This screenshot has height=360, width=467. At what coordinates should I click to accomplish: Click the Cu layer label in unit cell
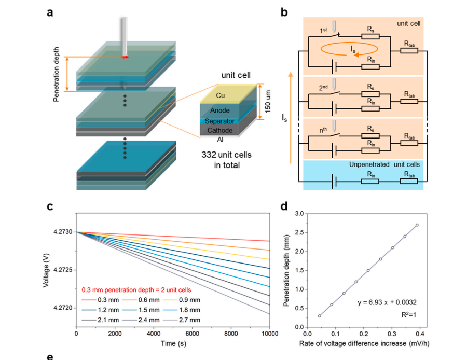(220, 95)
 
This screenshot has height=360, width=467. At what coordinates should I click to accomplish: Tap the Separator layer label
(220, 121)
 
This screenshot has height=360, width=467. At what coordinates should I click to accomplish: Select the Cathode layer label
(220, 130)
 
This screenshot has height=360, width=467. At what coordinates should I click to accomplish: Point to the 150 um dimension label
(268, 102)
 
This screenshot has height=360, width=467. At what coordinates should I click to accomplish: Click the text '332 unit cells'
(226, 155)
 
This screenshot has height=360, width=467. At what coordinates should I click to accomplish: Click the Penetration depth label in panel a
(56, 75)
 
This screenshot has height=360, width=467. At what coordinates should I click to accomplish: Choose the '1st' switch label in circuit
(323, 30)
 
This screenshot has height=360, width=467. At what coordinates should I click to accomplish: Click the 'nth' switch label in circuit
(323, 130)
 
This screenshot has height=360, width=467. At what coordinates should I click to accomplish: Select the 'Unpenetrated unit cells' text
(384, 164)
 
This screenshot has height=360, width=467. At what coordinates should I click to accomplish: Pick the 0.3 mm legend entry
(100, 300)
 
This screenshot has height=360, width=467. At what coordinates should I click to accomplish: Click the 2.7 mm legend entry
(182, 320)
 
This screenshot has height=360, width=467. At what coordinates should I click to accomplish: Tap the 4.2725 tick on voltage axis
(63, 270)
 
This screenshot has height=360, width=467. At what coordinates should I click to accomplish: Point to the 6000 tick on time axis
(192, 334)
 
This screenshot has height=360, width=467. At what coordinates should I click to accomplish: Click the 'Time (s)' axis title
(173, 343)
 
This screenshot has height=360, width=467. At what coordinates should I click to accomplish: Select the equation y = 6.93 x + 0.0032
(387, 302)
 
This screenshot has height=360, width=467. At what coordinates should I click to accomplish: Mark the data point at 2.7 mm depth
(417, 225)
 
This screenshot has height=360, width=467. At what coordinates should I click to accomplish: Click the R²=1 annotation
(409, 314)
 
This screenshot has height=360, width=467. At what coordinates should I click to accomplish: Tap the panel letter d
(284, 206)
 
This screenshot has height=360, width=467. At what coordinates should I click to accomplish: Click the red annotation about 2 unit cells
(136, 290)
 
